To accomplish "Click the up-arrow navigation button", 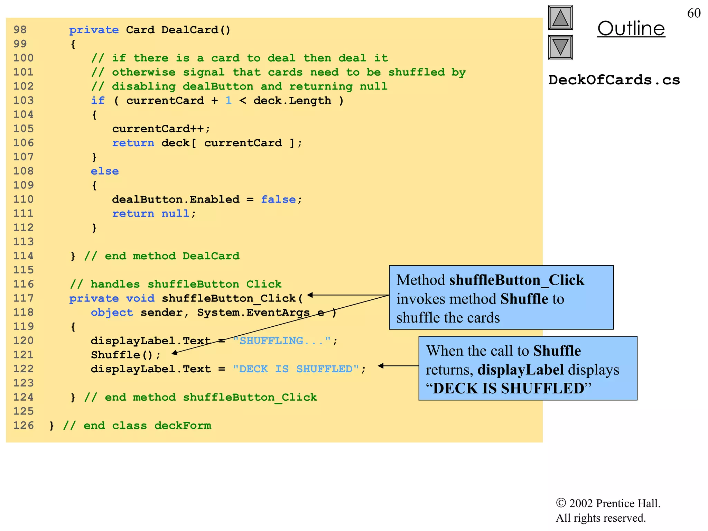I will click(x=560, y=18).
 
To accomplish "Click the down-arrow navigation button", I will click(x=560, y=47).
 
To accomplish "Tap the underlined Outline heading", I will click(x=631, y=28).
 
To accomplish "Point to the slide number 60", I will click(x=693, y=13).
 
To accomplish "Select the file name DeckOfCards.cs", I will click(x=614, y=80).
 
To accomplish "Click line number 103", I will click(x=24, y=100).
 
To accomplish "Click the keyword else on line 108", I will click(x=105, y=171).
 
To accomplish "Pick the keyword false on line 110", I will click(x=278, y=199).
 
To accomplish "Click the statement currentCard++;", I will click(x=161, y=129).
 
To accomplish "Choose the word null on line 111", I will click(x=175, y=214).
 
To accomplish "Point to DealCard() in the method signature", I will click(x=196, y=30).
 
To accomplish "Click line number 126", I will click(x=24, y=425).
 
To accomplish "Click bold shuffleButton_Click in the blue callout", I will click(x=516, y=280).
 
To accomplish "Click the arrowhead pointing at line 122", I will click(x=381, y=366).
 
